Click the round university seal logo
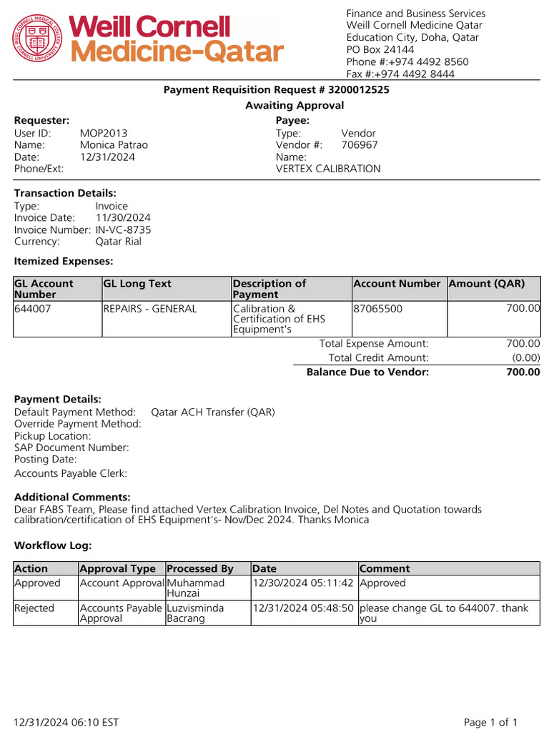(38, 39)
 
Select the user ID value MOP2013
(104, 133)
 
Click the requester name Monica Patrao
(114, 145)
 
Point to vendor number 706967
(360, 145)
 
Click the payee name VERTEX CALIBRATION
(328, 169)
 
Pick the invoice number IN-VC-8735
(123, 229)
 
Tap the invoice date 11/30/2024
(123, 217)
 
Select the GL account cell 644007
(33, 309)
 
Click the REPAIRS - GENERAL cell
(150, 309)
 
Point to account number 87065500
(378, 309)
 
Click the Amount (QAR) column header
(487, 284)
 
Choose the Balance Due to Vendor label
(367, 372)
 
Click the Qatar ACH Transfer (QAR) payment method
(213, 412)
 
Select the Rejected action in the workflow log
(34, 608)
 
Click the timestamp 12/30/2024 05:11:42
(303, 583)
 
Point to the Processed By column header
(200, 568)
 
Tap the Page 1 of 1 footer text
(490, 722)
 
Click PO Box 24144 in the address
(380, 49)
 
